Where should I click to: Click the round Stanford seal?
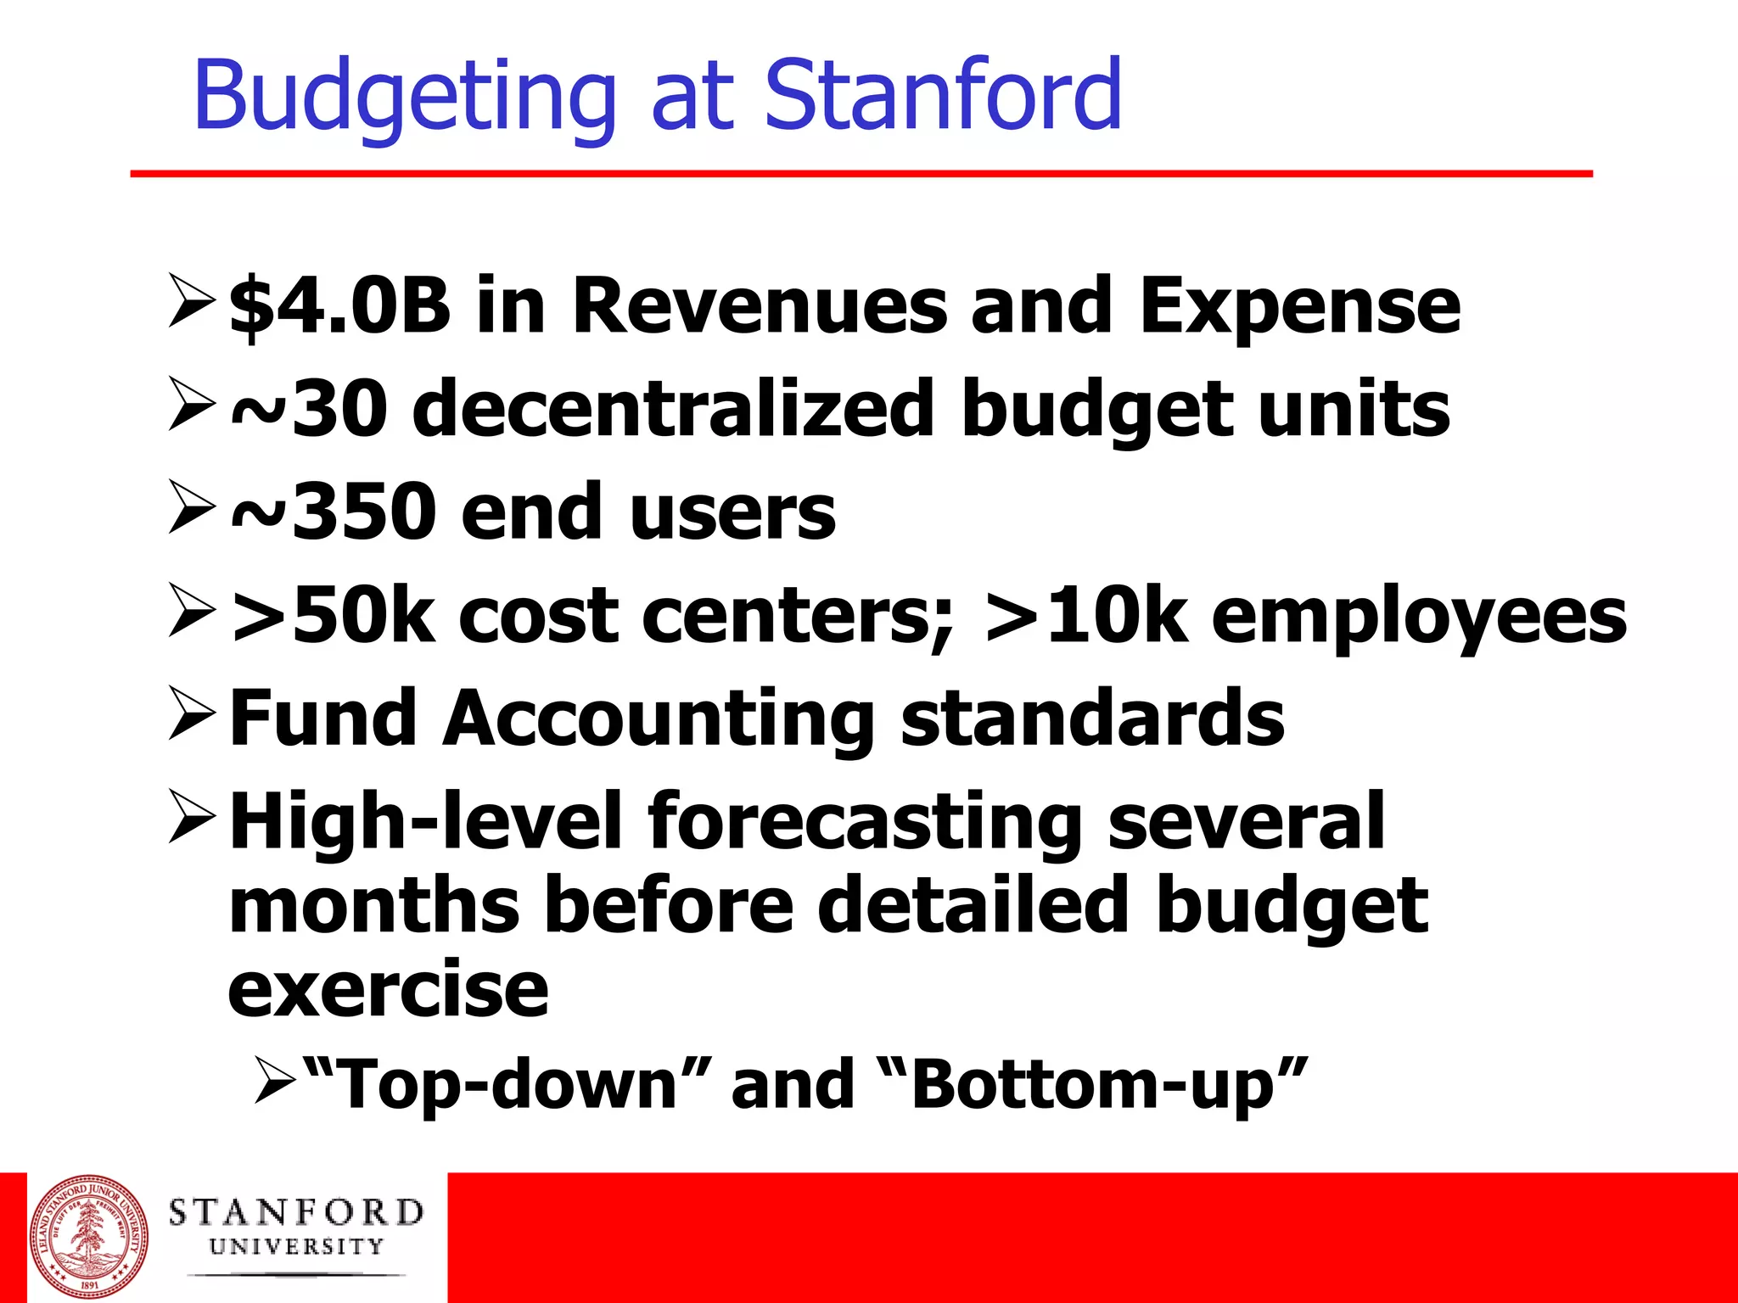click(88, 1236)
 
